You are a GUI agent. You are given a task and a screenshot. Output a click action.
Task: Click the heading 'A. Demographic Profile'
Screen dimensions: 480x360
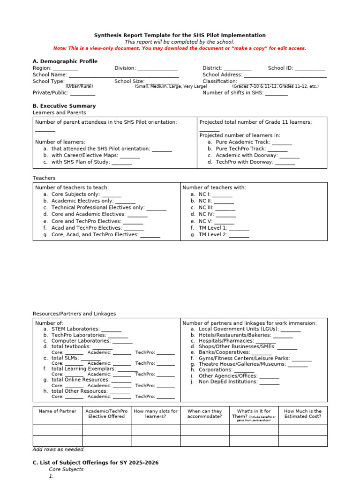tap(65, 61)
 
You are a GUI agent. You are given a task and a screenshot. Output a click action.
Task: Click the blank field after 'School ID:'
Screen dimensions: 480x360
tap(310, 68)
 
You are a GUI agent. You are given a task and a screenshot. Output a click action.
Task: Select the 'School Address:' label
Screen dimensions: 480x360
tap(222, 75)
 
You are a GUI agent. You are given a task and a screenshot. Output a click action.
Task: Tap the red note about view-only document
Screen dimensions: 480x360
tap(180, 48)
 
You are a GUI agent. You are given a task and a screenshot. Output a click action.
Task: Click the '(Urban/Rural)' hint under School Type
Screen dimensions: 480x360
tap(79, 86)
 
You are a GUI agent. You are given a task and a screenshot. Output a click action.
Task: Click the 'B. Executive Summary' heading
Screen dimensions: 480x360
tap(64, 106)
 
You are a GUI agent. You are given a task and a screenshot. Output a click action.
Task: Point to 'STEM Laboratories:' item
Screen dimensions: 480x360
tap(75, 329)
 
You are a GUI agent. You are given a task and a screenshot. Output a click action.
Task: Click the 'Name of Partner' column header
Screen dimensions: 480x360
tap(57, 411)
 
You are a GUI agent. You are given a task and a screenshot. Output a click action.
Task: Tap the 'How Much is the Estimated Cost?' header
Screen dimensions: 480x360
tap(303, 413)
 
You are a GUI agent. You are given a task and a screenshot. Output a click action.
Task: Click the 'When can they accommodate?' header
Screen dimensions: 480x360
tap(204, 413)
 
